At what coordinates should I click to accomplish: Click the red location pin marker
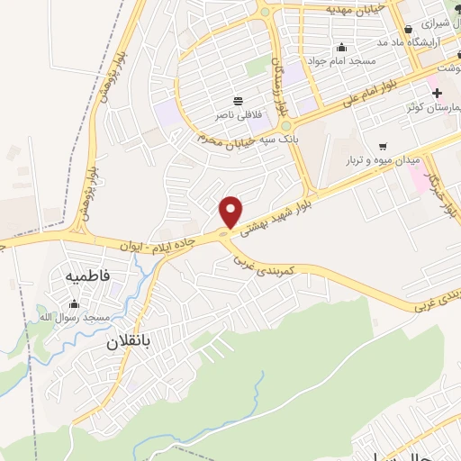click(231, 212)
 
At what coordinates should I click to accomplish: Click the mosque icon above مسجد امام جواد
click(341, 48)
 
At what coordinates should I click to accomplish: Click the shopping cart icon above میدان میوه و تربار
click(383, 146)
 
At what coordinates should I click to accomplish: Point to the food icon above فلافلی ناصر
click(237, 101)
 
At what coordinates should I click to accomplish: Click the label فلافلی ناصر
click(236, 115)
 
